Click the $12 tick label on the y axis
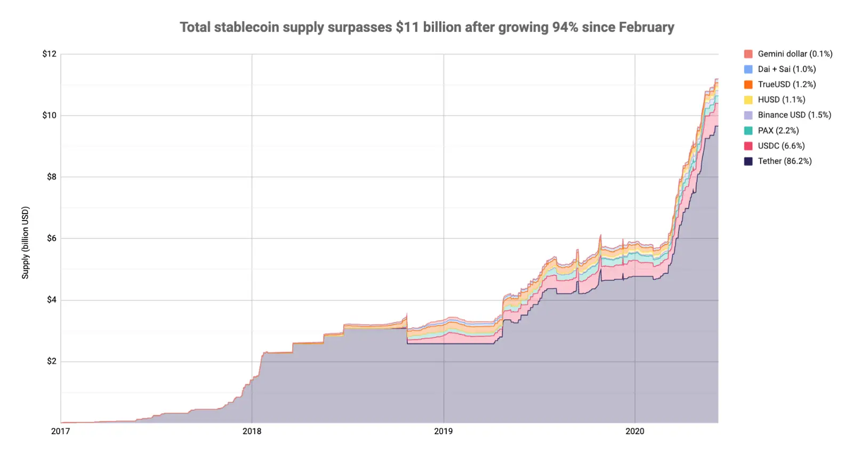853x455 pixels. click(49, 54)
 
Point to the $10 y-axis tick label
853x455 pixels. click(49, 115)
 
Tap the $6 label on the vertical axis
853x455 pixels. click(51, 238)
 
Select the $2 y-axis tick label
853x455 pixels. click(51, 361)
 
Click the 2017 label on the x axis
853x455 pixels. click(60, 431)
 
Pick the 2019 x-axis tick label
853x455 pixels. click(443, 431)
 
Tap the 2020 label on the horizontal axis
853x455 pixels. click(634, 431)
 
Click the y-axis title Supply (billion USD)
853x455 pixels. click(25, 242)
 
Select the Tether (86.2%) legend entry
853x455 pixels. click(784, 161)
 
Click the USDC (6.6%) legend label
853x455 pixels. click(781, 145)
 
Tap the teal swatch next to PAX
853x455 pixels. click(749, 131)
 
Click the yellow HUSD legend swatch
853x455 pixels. click(749, 100)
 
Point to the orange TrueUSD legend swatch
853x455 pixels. click(749, 84)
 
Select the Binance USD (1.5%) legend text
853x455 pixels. click(794, 115)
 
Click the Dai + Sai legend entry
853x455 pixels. click(786, 69)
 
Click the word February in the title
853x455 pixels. click(646, 27)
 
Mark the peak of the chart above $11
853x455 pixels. click(716, 79)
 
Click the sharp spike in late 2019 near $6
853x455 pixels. click(600, 235)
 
